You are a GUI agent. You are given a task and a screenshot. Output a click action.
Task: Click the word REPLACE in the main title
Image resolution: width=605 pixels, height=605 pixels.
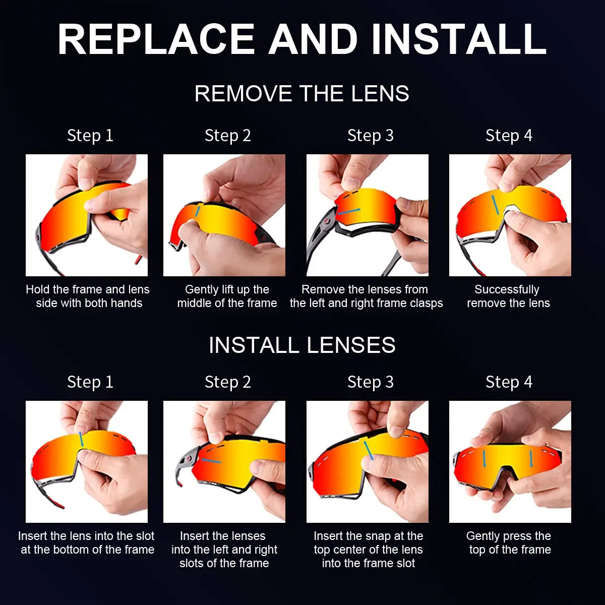pyautogui.click(x=156, y=39)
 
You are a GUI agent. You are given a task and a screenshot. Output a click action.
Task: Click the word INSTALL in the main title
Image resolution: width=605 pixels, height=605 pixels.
pyautogui.click(x=459, y=39)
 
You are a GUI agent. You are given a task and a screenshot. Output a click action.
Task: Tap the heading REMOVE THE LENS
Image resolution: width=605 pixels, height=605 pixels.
pyautogui.click(x=301, y=94)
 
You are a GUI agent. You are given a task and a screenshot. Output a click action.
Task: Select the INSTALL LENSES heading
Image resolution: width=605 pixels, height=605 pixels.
pyautogui.click(x=301, y=345)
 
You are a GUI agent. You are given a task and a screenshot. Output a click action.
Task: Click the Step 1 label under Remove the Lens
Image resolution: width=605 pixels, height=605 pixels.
pyautogui.click(x=90, y=136)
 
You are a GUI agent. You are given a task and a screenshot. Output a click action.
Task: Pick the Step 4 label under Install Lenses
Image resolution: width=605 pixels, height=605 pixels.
pyautogui.click(x=509, y=382)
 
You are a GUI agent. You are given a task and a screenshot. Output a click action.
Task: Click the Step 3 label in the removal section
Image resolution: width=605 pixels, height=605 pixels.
pyautogui.click(x=370, y=136)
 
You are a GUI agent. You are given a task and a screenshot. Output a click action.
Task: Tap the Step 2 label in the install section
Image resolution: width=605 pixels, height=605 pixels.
pyautogui.click(x=227, y=382)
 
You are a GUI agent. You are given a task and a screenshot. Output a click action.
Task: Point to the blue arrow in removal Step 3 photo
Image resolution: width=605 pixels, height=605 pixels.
pyautogui.click(x=349, y=211)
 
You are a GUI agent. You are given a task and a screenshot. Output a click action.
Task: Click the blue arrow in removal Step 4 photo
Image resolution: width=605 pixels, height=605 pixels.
pyautogui.click(x=496, y=204)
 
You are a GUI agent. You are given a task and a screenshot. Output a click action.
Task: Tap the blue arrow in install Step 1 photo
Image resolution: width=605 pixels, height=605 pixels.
pyautogui.click(x=81, y=439)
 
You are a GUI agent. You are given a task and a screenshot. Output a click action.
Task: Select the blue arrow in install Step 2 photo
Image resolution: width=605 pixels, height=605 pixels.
pyautogui.click(x=211, y=460)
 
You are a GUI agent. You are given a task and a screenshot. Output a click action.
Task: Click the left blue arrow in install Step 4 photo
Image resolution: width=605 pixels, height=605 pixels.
pyautogui.click(x=484, y=458)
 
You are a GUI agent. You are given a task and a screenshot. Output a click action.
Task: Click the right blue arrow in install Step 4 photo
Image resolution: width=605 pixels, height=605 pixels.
pyautogui.click(x=531, y=459)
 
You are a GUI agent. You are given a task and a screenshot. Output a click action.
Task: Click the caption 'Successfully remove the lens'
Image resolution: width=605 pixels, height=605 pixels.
pyautogui.click(x=508, y=296)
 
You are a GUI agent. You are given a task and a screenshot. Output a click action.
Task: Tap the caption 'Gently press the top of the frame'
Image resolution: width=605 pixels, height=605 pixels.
pyautogui.click(x=509, y=543)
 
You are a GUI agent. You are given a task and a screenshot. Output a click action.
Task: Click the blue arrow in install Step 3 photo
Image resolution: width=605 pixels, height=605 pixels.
pyautogui.click(x=369, y=450)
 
